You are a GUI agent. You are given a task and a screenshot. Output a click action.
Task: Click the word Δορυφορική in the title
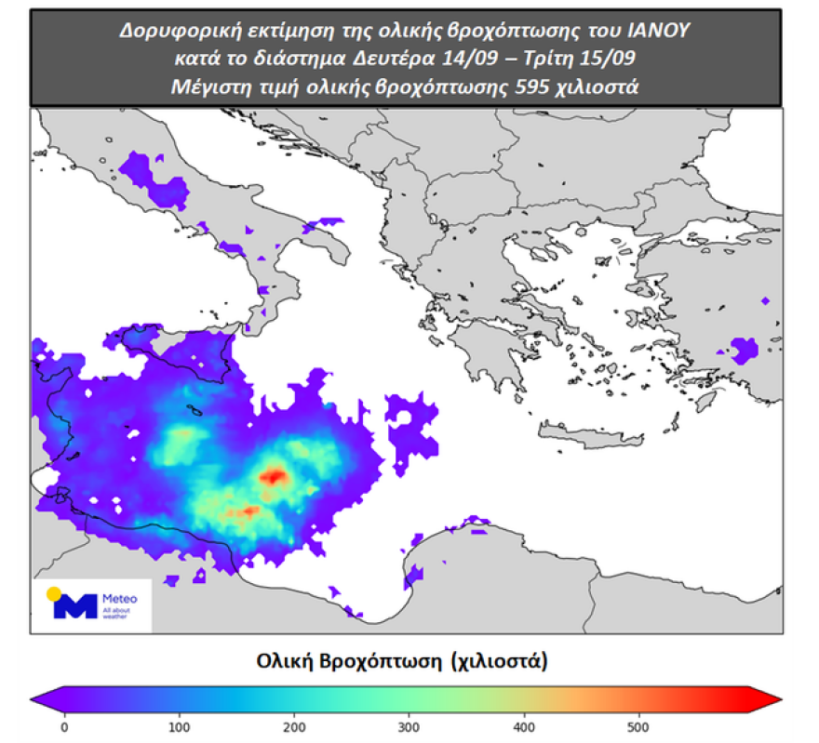click(170, 30)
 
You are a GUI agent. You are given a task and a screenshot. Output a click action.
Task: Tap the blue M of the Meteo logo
click(74, 606)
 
